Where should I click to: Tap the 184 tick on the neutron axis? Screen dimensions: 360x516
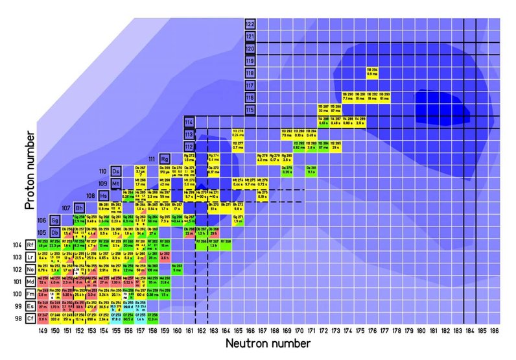click(476, 330)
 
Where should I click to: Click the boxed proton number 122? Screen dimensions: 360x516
click(250, 25)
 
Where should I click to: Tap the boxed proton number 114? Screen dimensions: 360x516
click(189, 122)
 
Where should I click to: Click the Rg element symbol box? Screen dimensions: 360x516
click(165, 158)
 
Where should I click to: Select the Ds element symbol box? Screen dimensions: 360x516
click(116, 171)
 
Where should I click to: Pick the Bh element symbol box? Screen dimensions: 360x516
click(79, 208)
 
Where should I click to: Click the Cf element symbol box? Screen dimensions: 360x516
click(30, 318)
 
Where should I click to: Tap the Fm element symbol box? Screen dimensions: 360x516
click(30, 294)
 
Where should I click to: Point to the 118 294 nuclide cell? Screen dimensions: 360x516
click(371, 72)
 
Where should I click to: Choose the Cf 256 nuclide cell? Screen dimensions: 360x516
click(152, 318)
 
